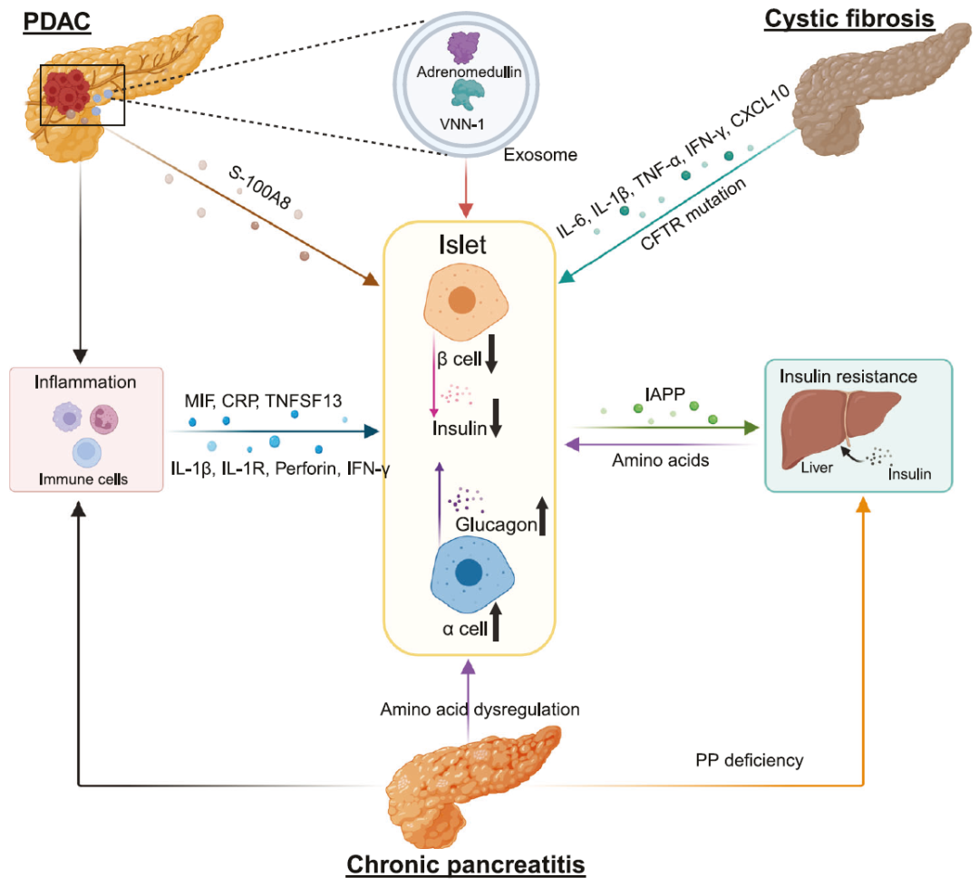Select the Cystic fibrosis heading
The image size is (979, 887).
[x=849, y=19]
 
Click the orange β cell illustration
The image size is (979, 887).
[x=461, y=302]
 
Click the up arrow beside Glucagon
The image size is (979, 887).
[x=542, y=516]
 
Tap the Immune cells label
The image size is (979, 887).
[x=85, y=477]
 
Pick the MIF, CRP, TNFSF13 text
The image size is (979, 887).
[x=256, y=398]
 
